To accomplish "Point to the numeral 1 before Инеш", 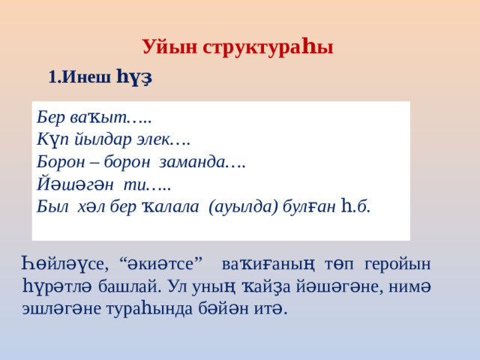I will coord(52,76).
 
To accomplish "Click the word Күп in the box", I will coord(52,139).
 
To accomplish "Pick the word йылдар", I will coord(100,139).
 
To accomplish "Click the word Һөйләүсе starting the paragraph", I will coord(63,264).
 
